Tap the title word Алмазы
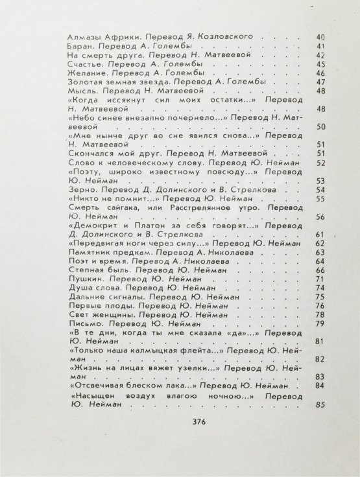point(82,38)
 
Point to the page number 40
point(318,38)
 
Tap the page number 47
point(318,83)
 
